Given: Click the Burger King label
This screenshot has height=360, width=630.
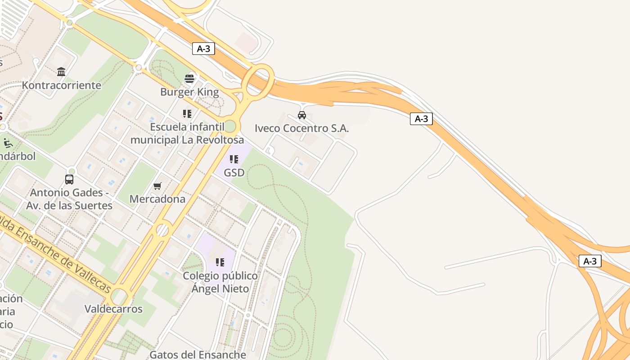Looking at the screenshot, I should coord(189,92).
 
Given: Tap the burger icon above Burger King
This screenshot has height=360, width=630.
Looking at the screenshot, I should coord(189,79).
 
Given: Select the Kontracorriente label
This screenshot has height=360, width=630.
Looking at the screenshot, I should coord(62,85).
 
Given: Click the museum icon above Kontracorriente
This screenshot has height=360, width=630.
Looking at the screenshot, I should coord(61,72).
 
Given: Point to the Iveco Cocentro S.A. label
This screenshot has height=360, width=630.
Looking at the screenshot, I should coord(301,128).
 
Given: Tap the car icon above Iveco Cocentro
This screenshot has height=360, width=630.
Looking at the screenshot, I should coord(302,115).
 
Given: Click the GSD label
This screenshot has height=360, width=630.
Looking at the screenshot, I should coord(234,172).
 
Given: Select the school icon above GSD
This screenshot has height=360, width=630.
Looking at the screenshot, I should coord(234,159).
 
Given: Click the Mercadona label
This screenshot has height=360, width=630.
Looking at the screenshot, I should coord(157,199).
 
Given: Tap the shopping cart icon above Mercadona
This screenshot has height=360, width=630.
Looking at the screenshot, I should coord(157,186).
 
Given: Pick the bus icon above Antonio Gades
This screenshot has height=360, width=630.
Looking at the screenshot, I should coord(69,180).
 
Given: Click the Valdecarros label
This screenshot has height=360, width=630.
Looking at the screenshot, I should coord(113,309).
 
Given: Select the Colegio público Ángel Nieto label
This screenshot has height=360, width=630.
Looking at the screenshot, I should coord(220,282).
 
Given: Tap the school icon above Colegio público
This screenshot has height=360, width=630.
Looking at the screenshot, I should coord(220,262).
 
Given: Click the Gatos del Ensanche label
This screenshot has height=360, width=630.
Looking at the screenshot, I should coord(198,355).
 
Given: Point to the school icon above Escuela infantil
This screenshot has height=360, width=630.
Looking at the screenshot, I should coord(187,114).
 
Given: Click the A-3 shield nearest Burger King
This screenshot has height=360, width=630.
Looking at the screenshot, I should coord(203,49).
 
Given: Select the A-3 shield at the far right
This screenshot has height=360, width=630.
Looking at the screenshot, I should coord(590,261).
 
